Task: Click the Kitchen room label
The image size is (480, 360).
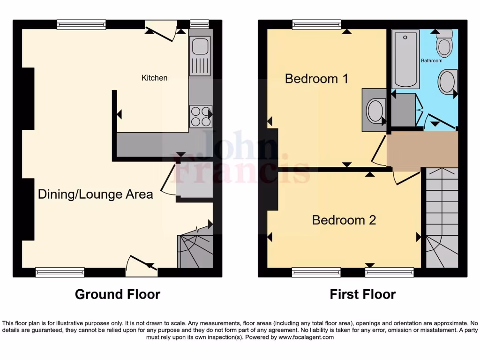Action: pyautogui.click(x=154, y=78)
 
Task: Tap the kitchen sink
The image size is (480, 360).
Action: pyautogui.click(x=200, y=47)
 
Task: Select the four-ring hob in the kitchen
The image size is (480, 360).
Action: pyautogui.click(x=200, y=116)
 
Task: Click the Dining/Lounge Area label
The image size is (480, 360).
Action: pyautogui.click(x=95, y=194)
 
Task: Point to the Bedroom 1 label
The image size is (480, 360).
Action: pyautogui.click(x=316, y=78)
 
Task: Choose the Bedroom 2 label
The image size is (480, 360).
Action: pyautogui.click(x=344, y=220)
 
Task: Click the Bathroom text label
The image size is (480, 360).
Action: pyautogui.click(x=431, y=60)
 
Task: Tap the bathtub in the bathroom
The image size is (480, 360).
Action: pyautogui.click(x=405, y=60)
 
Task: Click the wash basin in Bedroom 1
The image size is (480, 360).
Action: pyautogui.click(x=375, y=111)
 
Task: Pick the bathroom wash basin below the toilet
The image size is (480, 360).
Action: pyautogui.click(x=447, y=82)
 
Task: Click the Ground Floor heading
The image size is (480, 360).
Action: pyautogui.click(x=117, y=294)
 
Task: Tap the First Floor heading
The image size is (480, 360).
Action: pyautogui.click(x=362, y=294)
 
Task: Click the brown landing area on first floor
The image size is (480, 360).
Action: pyautogui.click(x=422, y=149)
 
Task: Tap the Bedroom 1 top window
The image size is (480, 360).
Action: pyautogui.click(x=316, y=24)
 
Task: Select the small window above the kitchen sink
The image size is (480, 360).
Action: pyautogui.click(x=200, y=24)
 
